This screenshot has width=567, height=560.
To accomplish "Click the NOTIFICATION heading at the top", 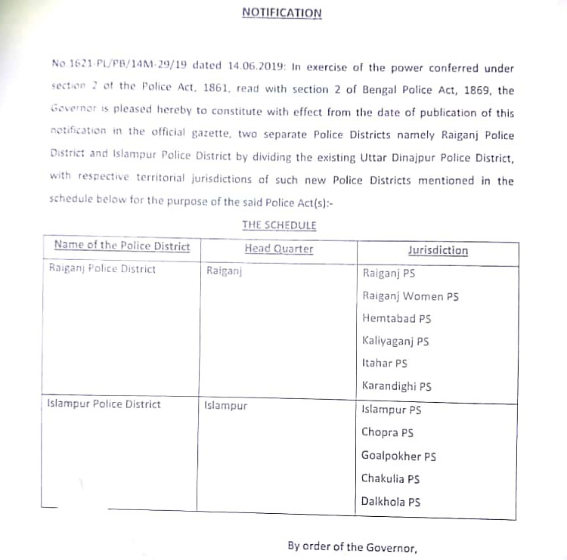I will pyautogui.click(x=281, y=13).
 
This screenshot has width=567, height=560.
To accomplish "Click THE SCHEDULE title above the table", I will pyautogui.click(x=279, y=225).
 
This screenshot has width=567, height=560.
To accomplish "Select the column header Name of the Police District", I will pyautogui.click(x=122, y=246).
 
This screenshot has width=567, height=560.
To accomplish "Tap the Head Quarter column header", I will pyautogui.click(x=278, y=249).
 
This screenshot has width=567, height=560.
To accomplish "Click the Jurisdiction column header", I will pyautogui.click(x=437, y=250).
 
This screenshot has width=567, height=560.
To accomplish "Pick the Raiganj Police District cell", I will pyautogui.click(x=102, y=269).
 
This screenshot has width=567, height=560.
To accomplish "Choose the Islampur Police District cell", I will pyautogui.click(x=104, y=404).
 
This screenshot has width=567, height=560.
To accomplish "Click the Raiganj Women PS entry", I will pyautogui.click(x=411, y=296).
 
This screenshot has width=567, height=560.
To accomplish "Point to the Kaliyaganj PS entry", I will pyautogui.click(x=395, y=341).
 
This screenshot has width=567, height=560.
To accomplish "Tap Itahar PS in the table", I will pyautogui.click(x=385, y=364).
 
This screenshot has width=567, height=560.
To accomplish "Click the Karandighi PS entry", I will pyautogui.click(x=397, y=386).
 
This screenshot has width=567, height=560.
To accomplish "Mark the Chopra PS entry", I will pyautogui.click(x=387, y=433).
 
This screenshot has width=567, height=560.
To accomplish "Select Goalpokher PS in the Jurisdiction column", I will pyautogui.click(x=398, y=456).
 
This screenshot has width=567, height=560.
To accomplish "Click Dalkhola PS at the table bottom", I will pyautogui.click(x=391, y=502).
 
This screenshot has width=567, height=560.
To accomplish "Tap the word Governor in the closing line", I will pyautogui.click(x=390, y=547).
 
